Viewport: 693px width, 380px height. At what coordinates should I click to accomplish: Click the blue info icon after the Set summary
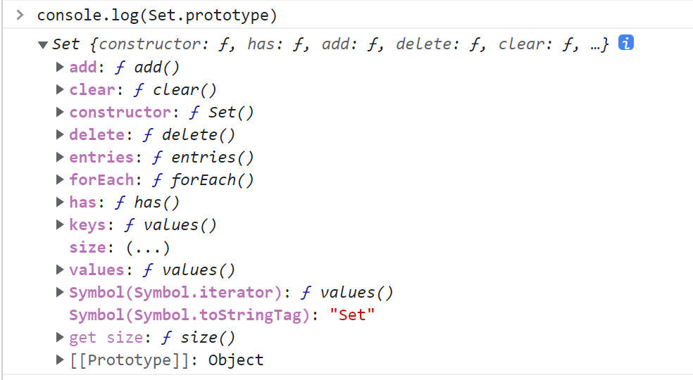pos(626,43)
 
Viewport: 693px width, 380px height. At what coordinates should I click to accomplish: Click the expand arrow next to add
pos(60,68)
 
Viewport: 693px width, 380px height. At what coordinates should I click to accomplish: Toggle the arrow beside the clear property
pos(60,90)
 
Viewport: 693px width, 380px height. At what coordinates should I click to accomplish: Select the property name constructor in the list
pos(120,113)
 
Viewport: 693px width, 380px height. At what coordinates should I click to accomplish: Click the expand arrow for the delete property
pos(60,135)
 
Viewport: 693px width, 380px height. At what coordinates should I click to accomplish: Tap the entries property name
pos(101,158)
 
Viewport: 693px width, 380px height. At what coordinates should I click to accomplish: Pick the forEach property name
pos(101,180)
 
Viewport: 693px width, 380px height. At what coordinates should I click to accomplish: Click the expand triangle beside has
pos(60,203)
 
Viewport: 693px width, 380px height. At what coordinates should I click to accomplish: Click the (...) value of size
pos(147,248)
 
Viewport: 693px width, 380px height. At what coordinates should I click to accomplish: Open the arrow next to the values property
pos(60,270)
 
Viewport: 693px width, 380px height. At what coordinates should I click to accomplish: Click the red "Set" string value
pos(352,315)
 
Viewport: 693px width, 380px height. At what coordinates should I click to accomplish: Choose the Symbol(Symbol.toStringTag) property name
pos(189,315)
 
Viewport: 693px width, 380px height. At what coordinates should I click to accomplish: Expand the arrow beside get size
pos(60,338)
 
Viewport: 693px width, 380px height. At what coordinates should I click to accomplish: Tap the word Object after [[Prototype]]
pos(236,360)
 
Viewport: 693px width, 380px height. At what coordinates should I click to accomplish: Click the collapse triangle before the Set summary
pos(44,45)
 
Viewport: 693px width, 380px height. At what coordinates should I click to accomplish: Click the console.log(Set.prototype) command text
pos(157,15)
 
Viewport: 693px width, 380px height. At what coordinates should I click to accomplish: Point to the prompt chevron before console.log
pos(20,15)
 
